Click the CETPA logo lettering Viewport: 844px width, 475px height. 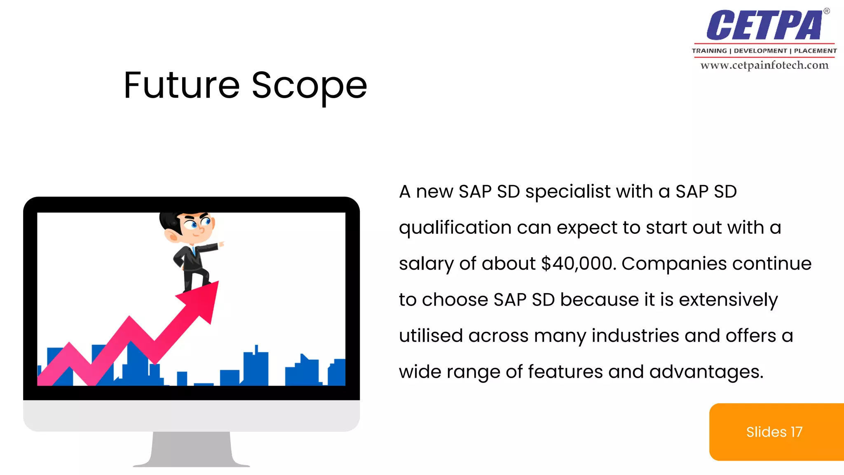point(764,26)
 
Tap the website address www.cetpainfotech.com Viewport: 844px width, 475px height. point(764,65)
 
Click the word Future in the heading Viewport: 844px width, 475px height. point(181,85)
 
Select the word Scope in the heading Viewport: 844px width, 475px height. point(309,85)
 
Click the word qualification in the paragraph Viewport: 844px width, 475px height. point(455,228)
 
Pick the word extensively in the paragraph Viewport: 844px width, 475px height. point(728,300)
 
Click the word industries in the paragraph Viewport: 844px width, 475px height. point(635,336)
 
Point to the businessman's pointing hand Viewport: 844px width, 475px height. point(222,244)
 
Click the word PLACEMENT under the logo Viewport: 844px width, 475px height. point(815,51)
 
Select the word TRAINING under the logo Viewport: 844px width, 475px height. point(709,51)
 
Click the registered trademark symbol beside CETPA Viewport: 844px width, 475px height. point(826,11)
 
